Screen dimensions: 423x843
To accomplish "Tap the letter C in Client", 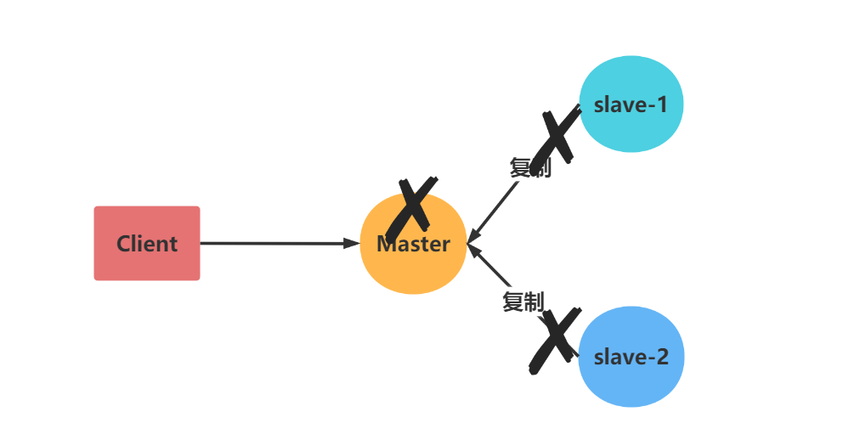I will (124, 244).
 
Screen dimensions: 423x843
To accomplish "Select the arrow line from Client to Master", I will (272, 244).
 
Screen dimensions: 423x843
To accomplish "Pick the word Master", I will (414, 245).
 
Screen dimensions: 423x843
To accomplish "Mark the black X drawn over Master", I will (411, 208).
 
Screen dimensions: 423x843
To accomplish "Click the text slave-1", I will (631, 104).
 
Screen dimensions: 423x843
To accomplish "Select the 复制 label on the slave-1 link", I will (530, 168).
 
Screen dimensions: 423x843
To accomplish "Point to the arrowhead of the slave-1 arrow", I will (473, 237).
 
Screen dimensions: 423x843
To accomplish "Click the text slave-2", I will (631, 357).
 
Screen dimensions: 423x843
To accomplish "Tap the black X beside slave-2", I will (554, 341).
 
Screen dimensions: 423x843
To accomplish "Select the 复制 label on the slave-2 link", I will (523, 302).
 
